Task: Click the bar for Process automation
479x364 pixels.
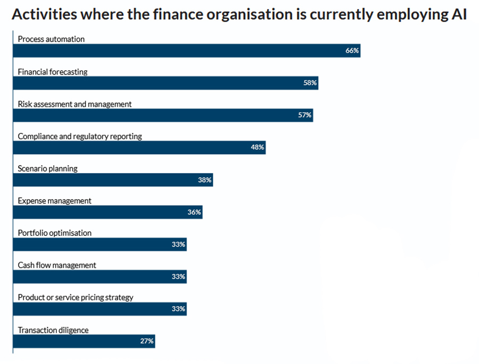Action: tap(186, 50)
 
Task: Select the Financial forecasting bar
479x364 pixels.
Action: tap(165, 83)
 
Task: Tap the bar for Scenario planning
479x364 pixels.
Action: tap(112, 180)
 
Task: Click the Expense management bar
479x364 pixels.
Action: tap(107, 212)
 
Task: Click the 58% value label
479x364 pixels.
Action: tap(310, 83)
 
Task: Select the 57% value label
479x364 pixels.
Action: tap(305, 115)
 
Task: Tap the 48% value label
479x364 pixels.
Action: tap(258, 147)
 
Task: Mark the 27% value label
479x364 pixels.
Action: tap(147, 341)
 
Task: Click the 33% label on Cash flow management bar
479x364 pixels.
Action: tap(178, 276)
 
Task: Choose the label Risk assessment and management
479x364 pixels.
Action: tap(75, 104)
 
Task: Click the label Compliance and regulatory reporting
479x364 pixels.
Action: tap(80, 136)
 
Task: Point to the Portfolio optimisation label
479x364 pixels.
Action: tap(55, 233)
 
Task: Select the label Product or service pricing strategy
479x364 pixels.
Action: tap(76, 297)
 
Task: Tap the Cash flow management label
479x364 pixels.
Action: tap(57, 265)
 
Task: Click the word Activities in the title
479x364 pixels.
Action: tap(43, 14)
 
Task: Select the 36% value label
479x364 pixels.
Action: tap(194, 212)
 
